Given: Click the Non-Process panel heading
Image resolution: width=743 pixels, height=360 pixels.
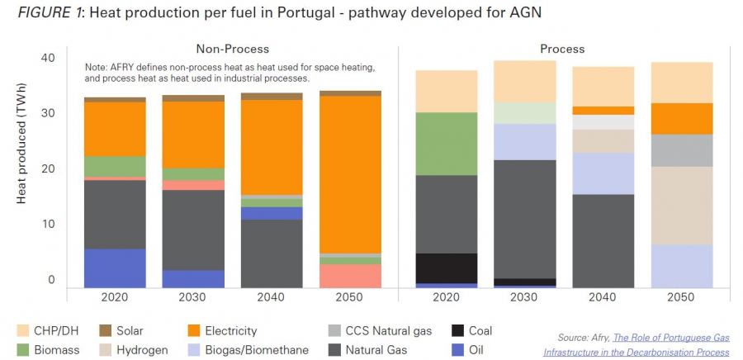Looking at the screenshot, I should [x=232, y=49].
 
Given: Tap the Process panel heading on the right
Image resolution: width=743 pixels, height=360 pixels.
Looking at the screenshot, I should [x=562, y=49].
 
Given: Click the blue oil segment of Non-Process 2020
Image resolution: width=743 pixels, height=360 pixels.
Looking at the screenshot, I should [x=115, y=268].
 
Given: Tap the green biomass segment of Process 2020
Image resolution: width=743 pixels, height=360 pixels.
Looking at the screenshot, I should [x=447, y=144].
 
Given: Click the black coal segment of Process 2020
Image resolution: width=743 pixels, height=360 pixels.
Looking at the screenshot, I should [x=447, y=268].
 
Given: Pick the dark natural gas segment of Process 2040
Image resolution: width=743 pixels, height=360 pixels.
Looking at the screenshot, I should [x=603, y=239].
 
